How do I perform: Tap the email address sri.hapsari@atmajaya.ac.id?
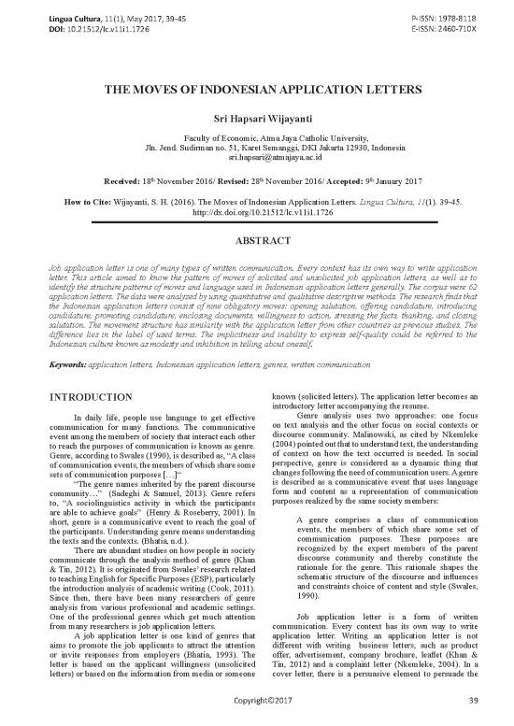256,161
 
